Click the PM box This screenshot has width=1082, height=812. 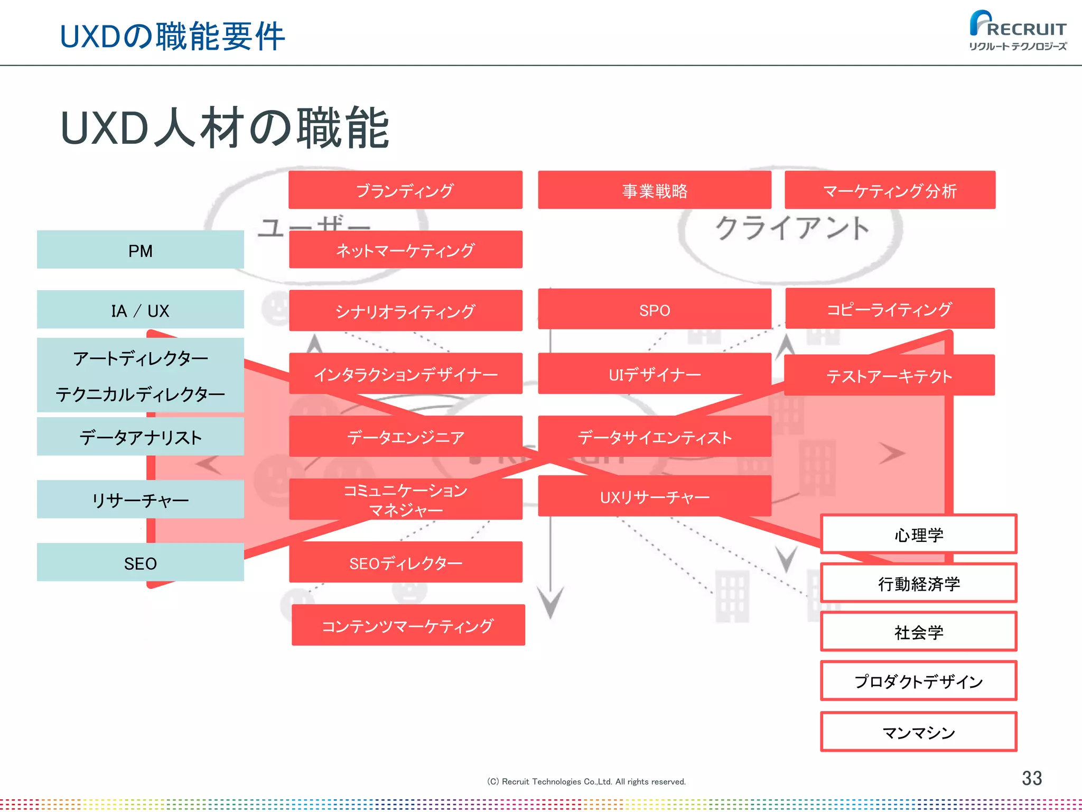pyautogui.click(x=141, y=250)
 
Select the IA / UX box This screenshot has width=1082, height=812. pyautogui.click(x=141, y=310)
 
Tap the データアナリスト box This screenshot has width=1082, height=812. pyautogui.click(x=141, y=437)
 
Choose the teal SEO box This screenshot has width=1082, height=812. pyautogui.click(x=141, y=563)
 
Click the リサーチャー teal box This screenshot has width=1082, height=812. pyautogui.click(x=141, y=500)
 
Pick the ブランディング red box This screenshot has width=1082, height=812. pyautogui.click(x=405, y=190)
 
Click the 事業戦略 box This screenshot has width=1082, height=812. pyautogui.click(x=655, y=190)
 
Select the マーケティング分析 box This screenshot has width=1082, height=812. pyautogui.click(x=890, y=190)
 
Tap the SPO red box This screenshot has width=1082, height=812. pyautogui.click(x=655, y=310)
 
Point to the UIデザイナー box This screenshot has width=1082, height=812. pyautogui.click(x=655, y=374)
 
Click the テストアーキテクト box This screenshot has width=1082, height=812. pyautogui.click(x=889, y=375)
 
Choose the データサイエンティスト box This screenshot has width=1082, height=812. pyautogui.click(x=655, y=437)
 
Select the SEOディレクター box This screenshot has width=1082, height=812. pyautogui.click(x=405, y=562)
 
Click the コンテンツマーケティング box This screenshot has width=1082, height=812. pyautogui.click(x=408, y=625)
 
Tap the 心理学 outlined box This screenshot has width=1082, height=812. pyautogui.click(x=919, y=534)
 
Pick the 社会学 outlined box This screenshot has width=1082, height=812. pyautogui.click(x=919, y=632)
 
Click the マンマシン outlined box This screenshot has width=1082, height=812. pyautogui.click(x=919, y=732)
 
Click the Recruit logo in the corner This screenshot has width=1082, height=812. pyautogui.click(x=1018, y=31)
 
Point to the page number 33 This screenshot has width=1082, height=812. pyautogui.click(x=1031, y=778)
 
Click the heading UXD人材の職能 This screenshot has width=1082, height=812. pyautogui.click(x=225, y=128)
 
